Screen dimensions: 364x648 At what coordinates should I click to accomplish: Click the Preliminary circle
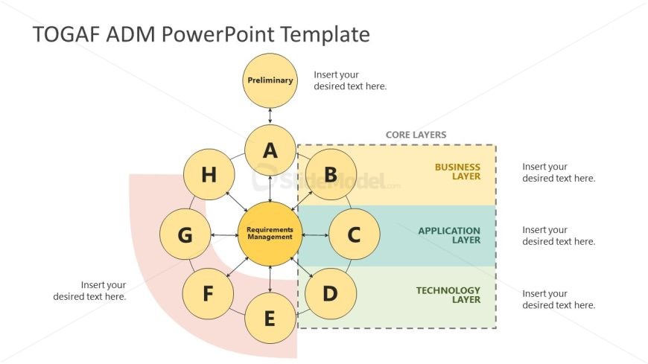tap(270, 80)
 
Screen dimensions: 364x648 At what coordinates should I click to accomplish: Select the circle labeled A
tap(270, 150)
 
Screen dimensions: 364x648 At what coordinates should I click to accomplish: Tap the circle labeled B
tap(330, 174)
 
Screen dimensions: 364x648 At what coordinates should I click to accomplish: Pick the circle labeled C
tap(355, 234)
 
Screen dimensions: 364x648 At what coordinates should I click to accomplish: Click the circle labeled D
tap(330, 294)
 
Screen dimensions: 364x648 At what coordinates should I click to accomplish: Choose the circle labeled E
tap(270, 319)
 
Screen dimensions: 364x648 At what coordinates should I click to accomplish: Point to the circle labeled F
tap(209, 294)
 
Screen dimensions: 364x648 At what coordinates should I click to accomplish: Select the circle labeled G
tap(185, 234)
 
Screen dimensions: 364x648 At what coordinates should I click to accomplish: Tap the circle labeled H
tap(209, 174)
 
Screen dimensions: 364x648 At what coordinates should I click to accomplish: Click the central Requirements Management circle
tap(270, 234)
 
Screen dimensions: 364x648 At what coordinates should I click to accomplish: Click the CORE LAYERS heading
tap(416, 135)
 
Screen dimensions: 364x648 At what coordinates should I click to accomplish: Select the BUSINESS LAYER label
tap(457, 172)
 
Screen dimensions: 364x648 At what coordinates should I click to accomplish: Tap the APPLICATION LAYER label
tap(449, 235)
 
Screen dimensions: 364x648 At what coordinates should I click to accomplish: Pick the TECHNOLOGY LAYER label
tap(448, 295)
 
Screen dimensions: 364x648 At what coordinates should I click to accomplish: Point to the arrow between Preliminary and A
tap(270, 115)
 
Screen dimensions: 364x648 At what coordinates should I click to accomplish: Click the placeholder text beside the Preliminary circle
tap(350, 80)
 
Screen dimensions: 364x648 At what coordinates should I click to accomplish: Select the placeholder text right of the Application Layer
tap(559, 235)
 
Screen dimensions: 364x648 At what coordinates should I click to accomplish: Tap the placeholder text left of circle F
tap(89, 290)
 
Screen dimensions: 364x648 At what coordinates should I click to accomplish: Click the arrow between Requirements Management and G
tap(223, 234)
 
